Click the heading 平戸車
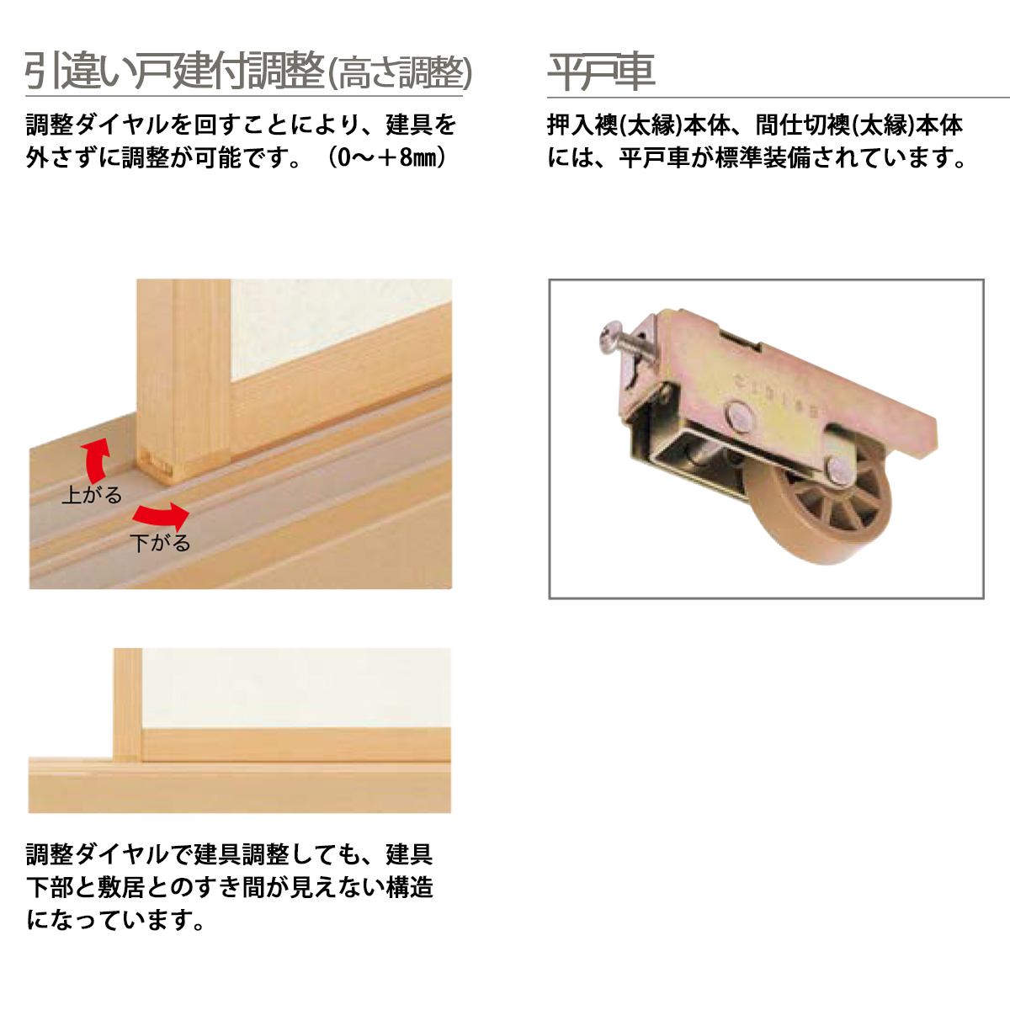point(601,72)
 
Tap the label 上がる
point(91,495)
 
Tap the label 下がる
point(160,543)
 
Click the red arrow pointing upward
point(96,460)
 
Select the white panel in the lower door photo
point(295,686)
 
